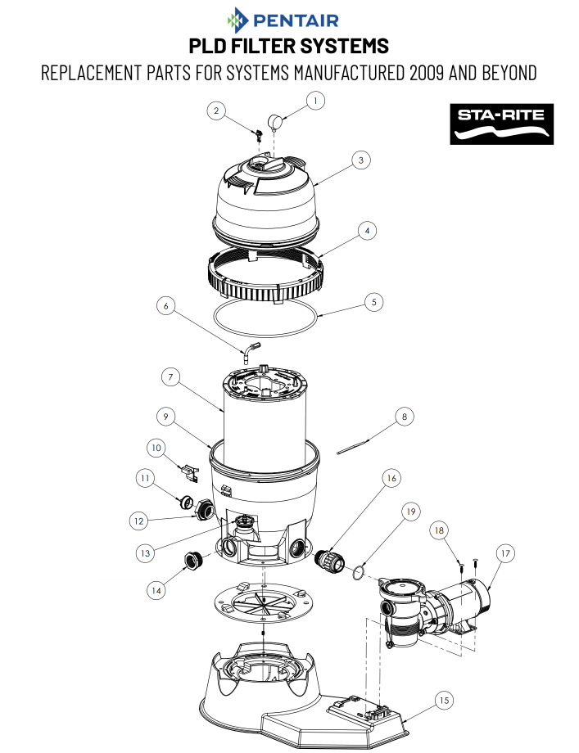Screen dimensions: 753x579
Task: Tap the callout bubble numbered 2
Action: [x=216, y=111]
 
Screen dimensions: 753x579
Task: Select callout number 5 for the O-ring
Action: [x=373, y=301]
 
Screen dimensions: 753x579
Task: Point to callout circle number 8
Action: [x=403, y=417]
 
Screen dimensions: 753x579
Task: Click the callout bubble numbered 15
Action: [x=443, y=700]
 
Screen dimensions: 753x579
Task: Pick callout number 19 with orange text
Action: [x=412, y=512]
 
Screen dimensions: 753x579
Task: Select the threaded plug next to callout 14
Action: [x=193, y=561]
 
